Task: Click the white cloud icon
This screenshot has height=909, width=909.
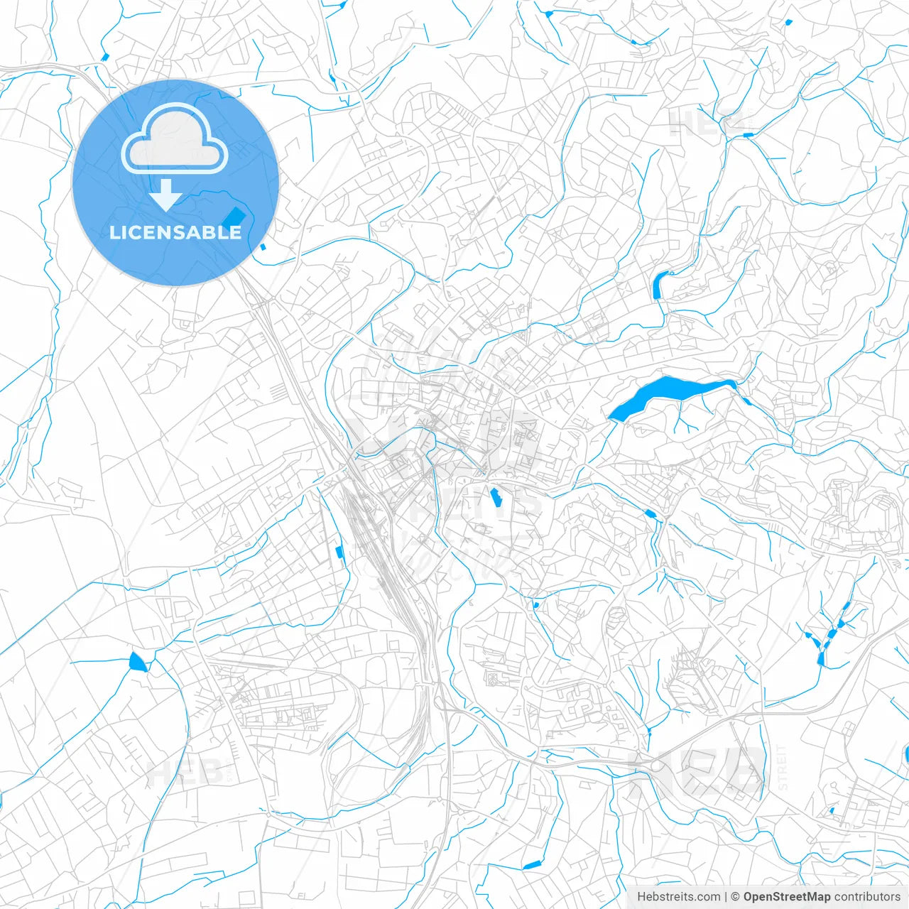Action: coord(175,139)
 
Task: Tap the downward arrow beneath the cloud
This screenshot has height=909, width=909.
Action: coord(166,195)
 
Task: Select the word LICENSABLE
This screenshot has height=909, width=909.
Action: coord(175,232)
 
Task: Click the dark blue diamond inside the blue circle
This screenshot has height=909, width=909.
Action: coord(233,215)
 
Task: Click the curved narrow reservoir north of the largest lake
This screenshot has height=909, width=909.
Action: coord(658,284)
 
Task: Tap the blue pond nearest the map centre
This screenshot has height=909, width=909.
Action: coord(496,497)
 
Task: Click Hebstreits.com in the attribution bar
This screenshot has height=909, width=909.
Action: coord(678,897)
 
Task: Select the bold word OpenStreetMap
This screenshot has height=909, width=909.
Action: coord(787,897)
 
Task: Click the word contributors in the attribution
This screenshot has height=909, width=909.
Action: coord(867,897)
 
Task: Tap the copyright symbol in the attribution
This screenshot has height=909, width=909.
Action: coord(735,897)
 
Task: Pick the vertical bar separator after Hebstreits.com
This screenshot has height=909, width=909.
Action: coord(726,897)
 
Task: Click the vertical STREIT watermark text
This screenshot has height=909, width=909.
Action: coord(783,768)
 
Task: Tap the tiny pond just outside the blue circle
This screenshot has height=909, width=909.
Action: coord(263,246)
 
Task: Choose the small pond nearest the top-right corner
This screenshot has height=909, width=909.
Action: coord(789,22)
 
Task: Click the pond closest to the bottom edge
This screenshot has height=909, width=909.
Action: coord(531,865)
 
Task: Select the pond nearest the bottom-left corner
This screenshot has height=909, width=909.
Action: coord(137,663)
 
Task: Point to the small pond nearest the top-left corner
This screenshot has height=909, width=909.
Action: coord(105,57)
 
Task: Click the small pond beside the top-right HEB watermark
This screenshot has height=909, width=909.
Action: coord(747,134)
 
